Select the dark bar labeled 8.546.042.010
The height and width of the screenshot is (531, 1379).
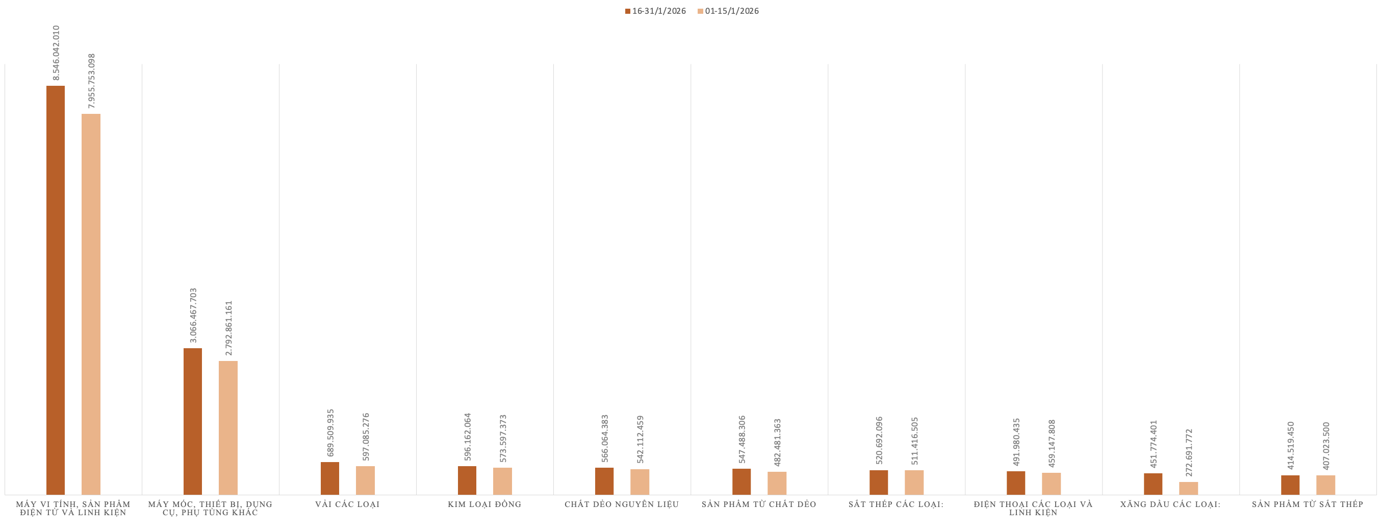[x=56, y=289]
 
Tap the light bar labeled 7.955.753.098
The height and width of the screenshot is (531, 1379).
[x=91, y=303]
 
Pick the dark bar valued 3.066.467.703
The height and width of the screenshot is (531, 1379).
[x=193, y=421]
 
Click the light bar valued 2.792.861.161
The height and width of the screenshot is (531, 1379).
[x=228, y=427]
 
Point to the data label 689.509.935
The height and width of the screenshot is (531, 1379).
[x=330, y=433]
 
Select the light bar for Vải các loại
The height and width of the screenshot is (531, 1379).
[x=365, y=480]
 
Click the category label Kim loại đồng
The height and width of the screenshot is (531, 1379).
[x=484, y=504]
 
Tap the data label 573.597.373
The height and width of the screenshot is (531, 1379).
[x=503, y=438]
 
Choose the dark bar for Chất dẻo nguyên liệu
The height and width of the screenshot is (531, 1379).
[x=604, y=481]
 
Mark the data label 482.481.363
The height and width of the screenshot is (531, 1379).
[x=777, y=443]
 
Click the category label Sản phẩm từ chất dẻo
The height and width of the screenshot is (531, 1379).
[x=758, y=504]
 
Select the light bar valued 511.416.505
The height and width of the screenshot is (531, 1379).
[x=914, y=482]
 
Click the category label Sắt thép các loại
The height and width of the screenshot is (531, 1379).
[x=896, y=504]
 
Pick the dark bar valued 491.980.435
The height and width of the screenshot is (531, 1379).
[x=1015, y=483]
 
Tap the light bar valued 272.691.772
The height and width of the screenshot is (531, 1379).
[x=1188, y=488]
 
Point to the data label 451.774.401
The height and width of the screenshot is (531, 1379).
[x=1154, y=444]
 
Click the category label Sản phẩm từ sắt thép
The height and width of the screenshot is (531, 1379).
[x=1307, y=504]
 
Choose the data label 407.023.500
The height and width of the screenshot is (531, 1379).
[x=1326, y=446]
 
